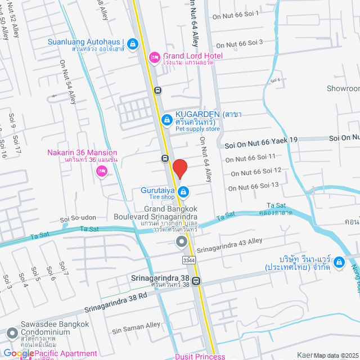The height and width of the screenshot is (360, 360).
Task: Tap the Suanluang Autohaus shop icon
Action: click(133, 43)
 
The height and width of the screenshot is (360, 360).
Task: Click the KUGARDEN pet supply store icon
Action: click(166, 120)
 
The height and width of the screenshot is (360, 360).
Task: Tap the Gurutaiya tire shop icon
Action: click(183, 192)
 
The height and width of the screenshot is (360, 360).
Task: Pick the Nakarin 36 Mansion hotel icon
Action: click(101, 172)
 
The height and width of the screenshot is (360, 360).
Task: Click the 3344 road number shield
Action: click(190, 260)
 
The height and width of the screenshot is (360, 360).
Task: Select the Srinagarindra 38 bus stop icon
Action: click(196, 282)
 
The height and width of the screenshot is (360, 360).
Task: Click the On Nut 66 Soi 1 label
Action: click(235, 16)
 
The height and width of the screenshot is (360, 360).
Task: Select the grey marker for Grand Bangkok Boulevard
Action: click(181, 242)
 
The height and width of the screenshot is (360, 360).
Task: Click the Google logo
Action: click(19, 354)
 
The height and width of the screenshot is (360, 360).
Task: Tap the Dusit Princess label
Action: click(200, 356)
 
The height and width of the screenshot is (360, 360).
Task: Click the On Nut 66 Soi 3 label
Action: click(240, 43)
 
